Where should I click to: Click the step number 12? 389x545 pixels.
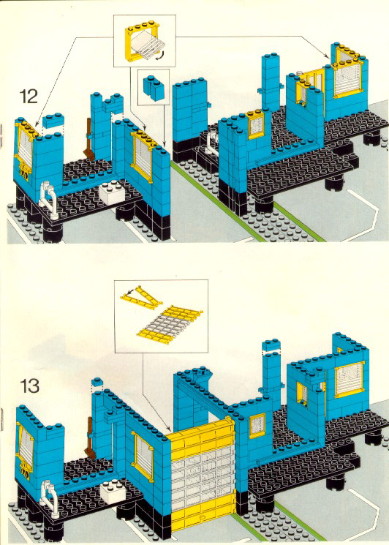click(x=29, y=97)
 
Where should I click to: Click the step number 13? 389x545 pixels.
click(x=29, y=386)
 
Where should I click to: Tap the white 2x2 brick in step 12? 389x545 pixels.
click(x=110, y=194)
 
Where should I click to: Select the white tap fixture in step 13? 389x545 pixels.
click(x=48, y=498)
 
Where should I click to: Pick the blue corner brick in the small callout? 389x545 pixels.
click(x=153, y=88)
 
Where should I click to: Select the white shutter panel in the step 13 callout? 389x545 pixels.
click(x=169, y=325)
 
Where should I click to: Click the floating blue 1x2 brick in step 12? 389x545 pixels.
click(x=53, y=120)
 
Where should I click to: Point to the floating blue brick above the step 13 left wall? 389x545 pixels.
click(x=97, y=383)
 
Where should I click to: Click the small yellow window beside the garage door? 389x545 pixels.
click(x=257, y=426)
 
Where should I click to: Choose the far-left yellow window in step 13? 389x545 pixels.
click(x=24, y=446)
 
